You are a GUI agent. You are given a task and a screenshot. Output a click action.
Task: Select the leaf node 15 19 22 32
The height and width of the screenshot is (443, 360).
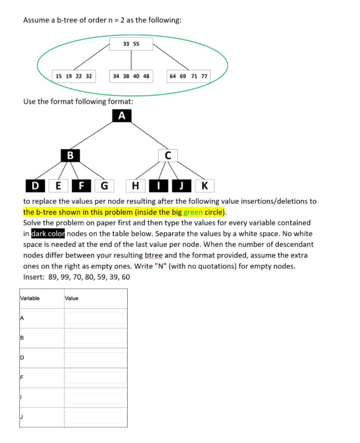(74, 76)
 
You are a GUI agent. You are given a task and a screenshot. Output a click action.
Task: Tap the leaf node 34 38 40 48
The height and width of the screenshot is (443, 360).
(131, 76)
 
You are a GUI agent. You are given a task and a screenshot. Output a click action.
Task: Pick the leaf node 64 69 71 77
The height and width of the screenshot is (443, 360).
(189, 76)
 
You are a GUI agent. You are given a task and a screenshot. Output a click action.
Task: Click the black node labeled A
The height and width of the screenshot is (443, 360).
(122, 116)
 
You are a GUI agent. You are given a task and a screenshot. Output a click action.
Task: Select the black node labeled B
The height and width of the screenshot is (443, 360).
(71, 155)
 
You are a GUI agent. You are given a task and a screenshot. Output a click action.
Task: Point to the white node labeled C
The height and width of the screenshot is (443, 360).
(168, 155)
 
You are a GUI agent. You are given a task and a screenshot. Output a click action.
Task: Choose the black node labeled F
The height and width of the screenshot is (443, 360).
(81, 186)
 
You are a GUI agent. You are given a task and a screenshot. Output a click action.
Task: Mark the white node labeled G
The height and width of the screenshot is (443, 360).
(104, 186)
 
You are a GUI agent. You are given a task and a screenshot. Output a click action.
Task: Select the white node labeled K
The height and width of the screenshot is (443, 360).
(204, 186)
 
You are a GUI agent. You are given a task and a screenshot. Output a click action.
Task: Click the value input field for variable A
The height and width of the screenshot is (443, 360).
(96, 318)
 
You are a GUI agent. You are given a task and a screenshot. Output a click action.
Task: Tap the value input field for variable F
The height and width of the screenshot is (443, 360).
(96, 378)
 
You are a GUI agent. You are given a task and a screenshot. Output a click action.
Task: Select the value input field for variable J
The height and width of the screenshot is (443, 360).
(96, 417)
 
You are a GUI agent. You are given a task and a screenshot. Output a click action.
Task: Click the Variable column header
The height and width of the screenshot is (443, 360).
(30, 298)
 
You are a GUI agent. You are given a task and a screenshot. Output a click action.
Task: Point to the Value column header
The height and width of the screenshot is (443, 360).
(72, 298)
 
